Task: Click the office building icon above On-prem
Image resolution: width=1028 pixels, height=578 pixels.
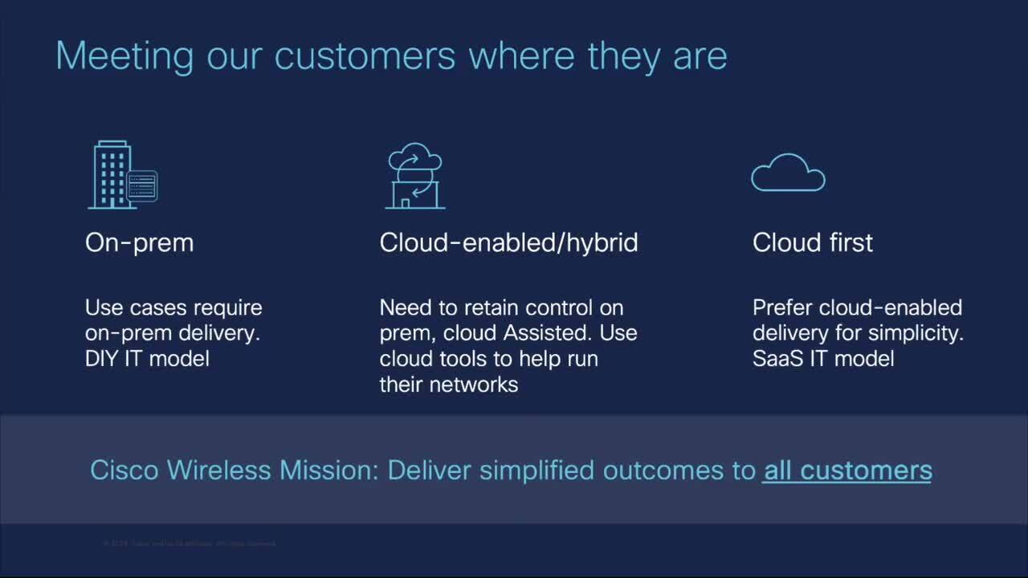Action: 111,175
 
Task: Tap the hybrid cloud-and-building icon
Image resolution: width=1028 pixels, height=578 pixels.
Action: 414,176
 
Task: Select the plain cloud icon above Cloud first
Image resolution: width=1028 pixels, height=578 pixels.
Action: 788,173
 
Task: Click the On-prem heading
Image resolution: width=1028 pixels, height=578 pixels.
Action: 139,242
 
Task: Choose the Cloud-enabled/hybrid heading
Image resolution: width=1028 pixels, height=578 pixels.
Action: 508,242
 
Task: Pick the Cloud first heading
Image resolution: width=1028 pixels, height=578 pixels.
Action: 812,242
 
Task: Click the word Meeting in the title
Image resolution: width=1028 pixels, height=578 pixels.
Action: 124,56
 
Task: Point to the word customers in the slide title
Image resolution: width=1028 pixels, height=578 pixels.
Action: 365,56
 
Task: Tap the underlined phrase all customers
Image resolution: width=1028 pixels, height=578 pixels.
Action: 847,470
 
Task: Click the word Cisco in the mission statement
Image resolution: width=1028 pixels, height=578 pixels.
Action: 123,470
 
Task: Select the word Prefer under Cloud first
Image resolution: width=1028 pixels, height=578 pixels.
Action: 780,307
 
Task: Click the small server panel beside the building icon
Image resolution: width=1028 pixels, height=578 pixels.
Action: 142,186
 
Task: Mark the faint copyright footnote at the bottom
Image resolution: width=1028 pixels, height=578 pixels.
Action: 189,543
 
